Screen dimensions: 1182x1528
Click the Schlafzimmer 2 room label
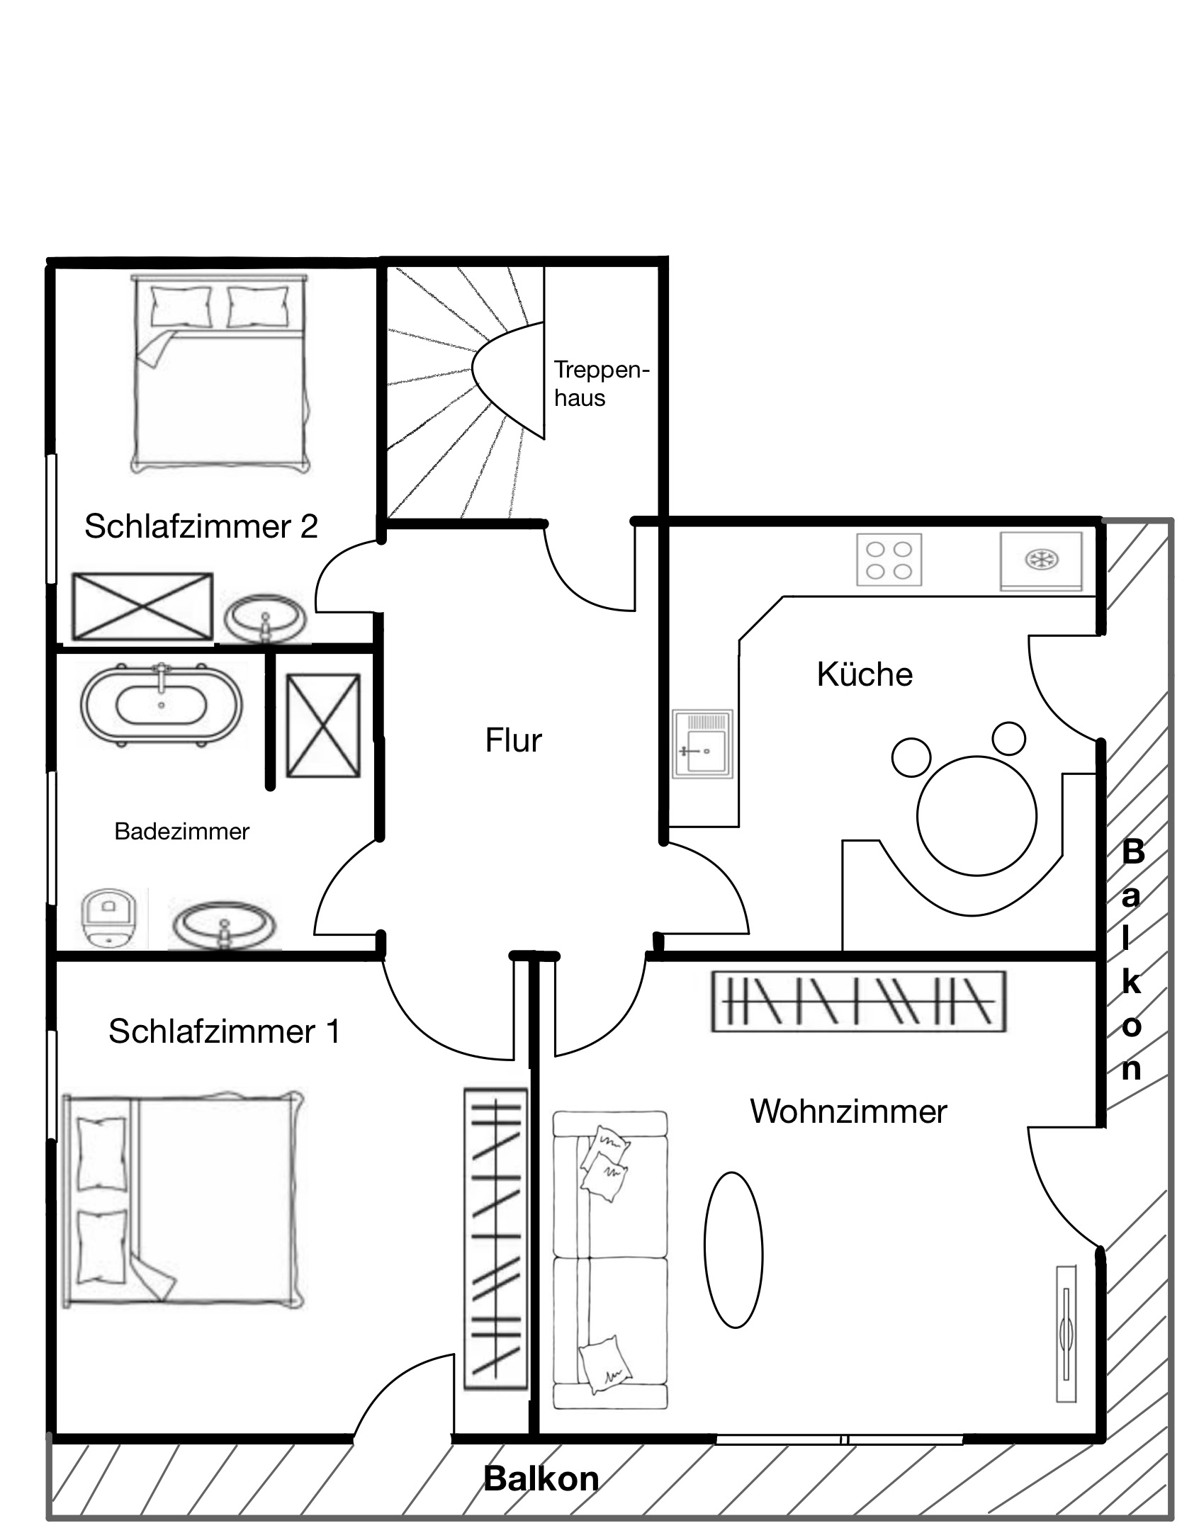(x=201, y=526)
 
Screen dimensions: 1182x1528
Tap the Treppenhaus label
(x=602, y=384)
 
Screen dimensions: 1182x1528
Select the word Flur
(x=513, y=740)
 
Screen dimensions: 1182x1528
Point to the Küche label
(x=865, y=674)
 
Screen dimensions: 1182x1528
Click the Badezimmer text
(x=182, y=831)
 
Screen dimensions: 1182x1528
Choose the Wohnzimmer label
(x=848, y=1111)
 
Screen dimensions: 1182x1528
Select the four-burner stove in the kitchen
(x=889, y=560)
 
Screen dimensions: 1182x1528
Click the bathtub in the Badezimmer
(x=162, y=704)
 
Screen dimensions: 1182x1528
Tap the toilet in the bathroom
(x=108, y=918)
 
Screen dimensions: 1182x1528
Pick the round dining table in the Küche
(x=976, y=816)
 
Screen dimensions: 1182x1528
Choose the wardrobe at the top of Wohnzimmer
(x=858, y=1001)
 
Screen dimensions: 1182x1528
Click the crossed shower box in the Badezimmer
(x=323, y=726)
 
